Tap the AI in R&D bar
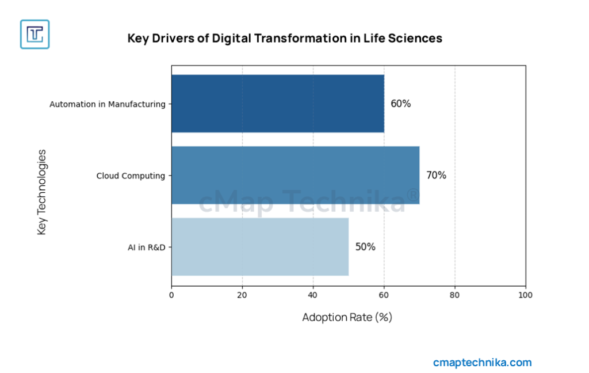[259, 246]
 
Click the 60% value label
[400, 104]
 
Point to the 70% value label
[436, 176]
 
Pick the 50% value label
[365, 247]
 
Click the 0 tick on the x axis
[171, 295]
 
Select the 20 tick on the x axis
[242, 295]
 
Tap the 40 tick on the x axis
[313, 295]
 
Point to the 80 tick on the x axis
[455, 295]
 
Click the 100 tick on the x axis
[525, 295]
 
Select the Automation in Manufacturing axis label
[107, 104]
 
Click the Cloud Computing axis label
[131, 176]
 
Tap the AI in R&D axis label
[146, 247]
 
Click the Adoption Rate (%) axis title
[347, 317]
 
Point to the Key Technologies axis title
[42, 192]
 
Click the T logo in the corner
[35, 34]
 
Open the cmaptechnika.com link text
[482, 363]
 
